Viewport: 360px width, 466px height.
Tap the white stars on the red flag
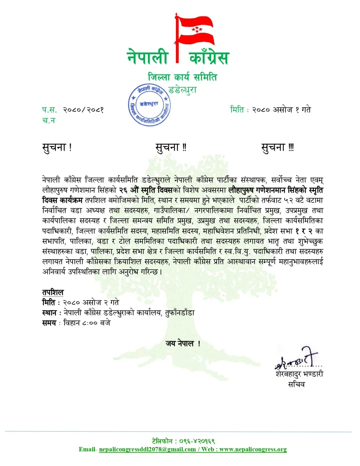(x=197, y=29)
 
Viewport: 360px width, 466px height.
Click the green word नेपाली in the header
(x=148, y=57)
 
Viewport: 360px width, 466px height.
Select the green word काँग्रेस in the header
(x=209, y=57)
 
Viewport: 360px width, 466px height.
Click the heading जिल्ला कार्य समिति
(x=183, y=77)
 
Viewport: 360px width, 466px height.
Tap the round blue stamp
(x=149, y=106)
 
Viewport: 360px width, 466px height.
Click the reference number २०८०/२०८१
(x=84, y=110)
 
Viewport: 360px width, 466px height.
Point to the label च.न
(x=49, y=120)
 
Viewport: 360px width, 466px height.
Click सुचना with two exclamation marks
(x=171, y=147)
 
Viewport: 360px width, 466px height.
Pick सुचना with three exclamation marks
(x=277, y=147)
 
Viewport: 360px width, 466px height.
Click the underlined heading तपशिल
(x=53, y=292)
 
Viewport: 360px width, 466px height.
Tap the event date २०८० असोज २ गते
(x=91, y=303)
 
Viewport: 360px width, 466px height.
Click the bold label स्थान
(x=50, y=313)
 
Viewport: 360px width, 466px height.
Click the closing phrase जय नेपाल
(x=183, y=344)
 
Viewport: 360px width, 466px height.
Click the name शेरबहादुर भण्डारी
(x=299, y=374)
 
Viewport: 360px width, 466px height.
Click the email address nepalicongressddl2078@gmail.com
(x=147, y=449)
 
